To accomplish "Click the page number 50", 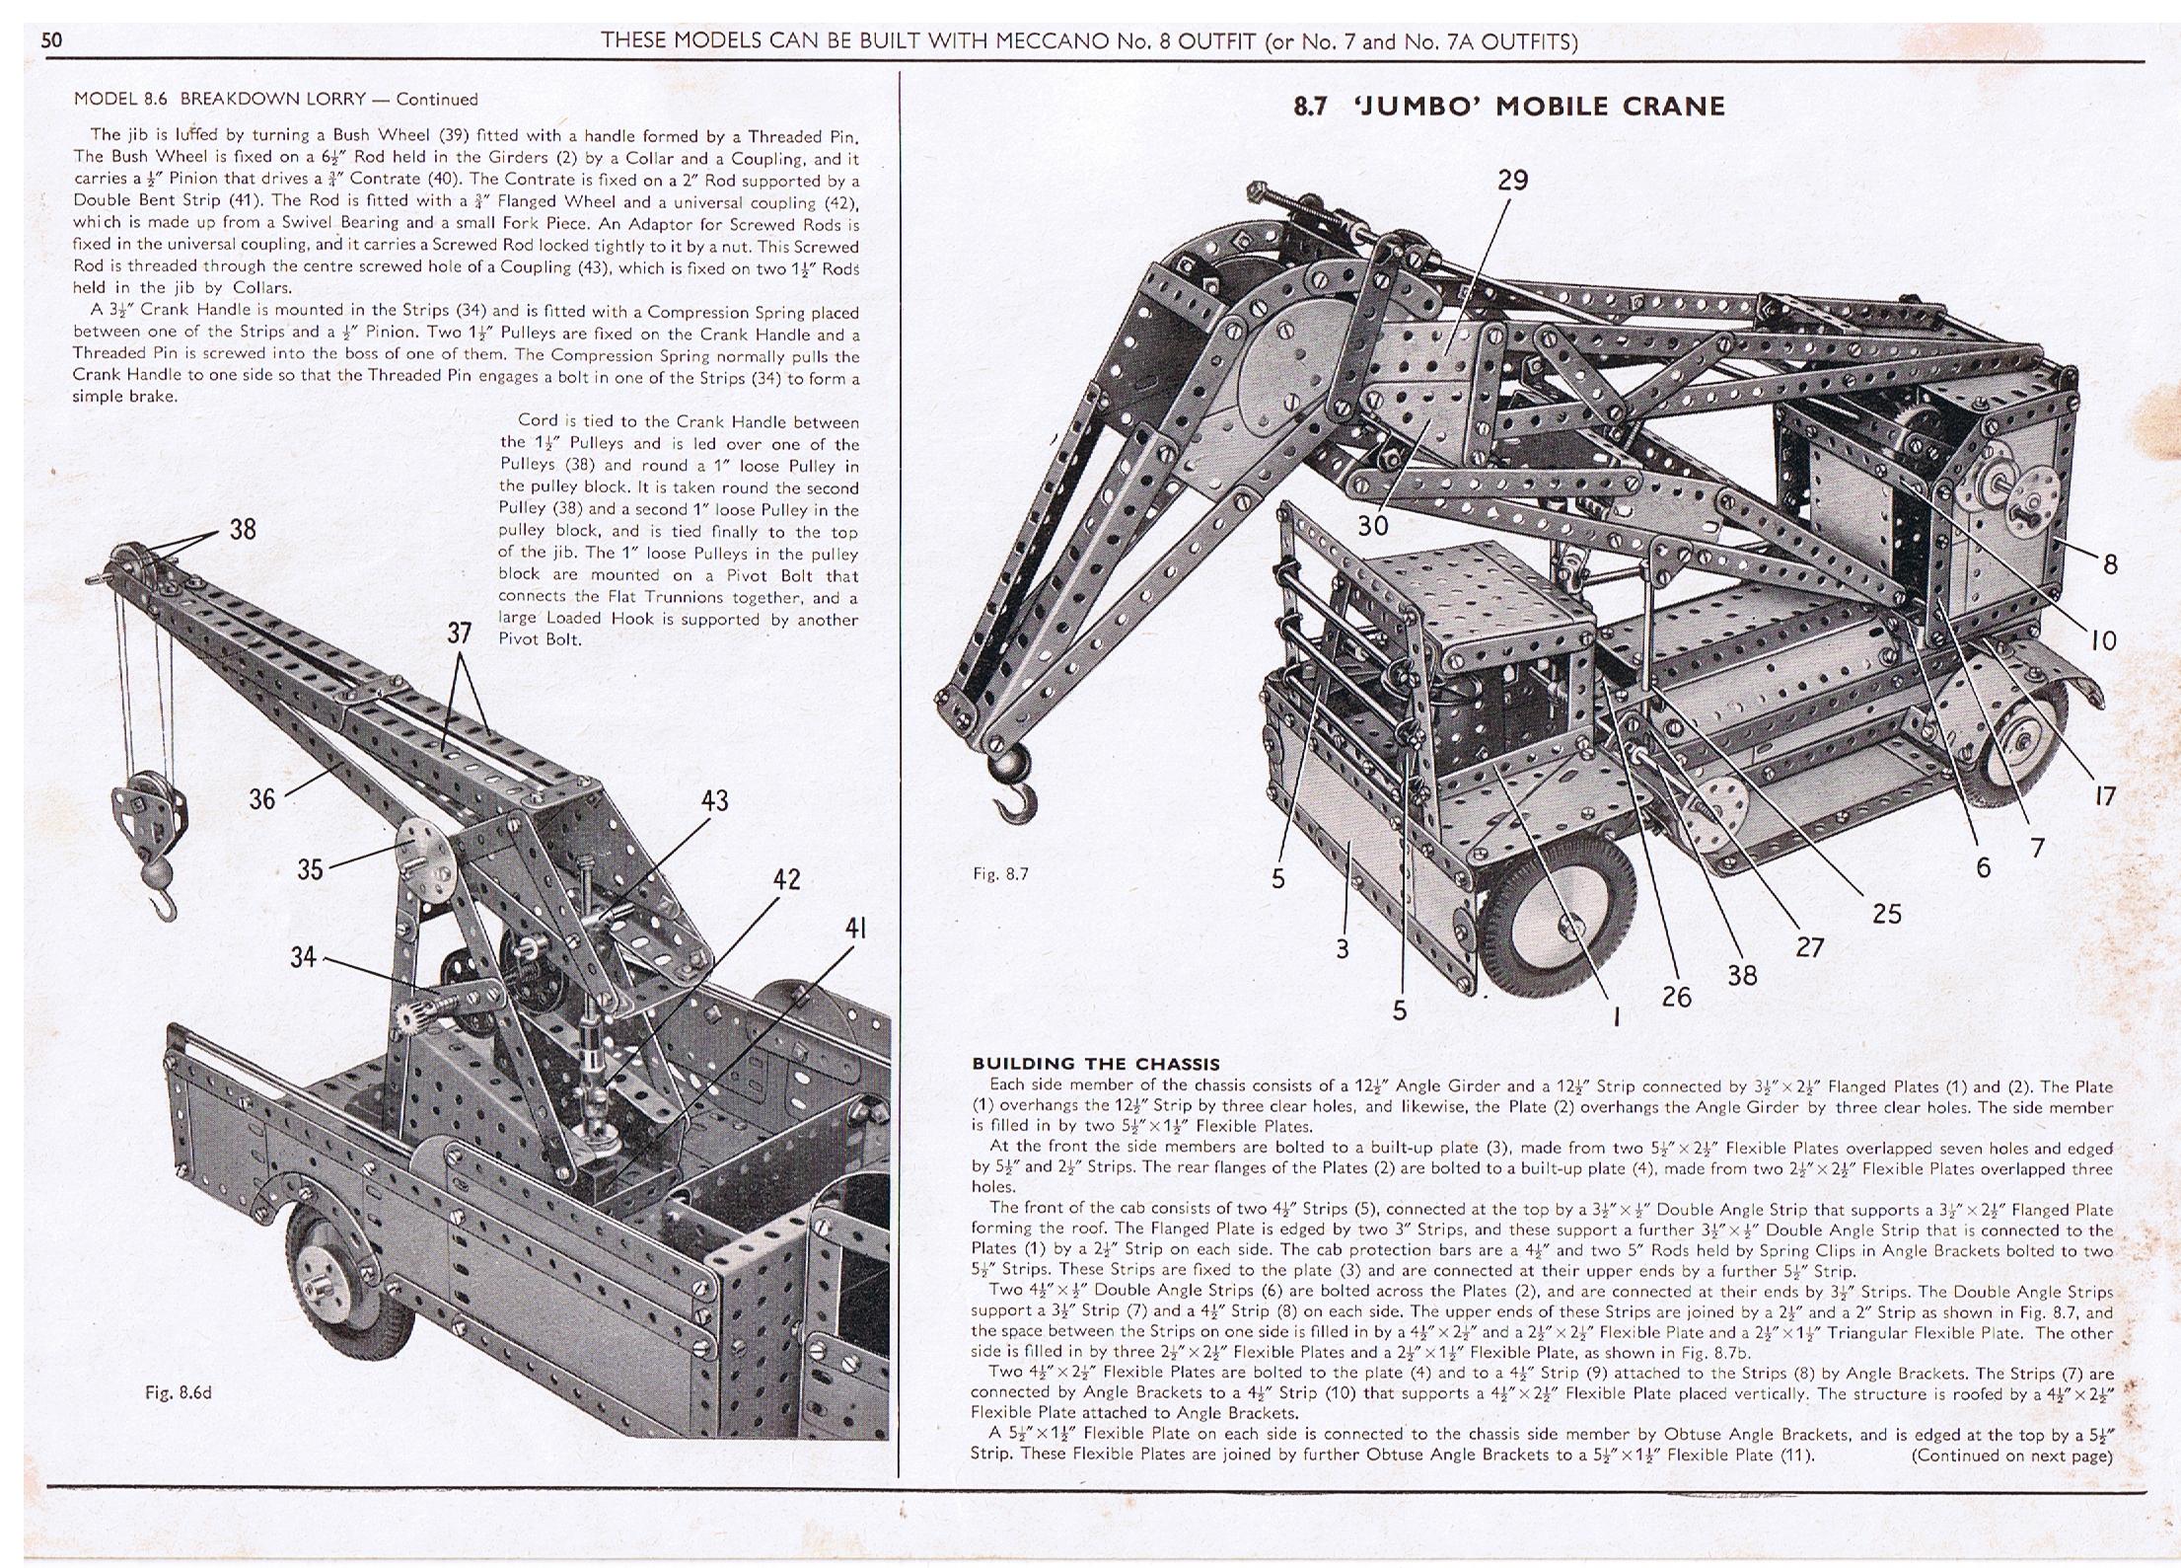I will [x=51, y=41].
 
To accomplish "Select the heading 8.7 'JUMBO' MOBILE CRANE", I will [x=1508, y=107].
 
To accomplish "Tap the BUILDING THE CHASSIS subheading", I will [x=1096, y=1064].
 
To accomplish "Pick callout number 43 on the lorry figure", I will [x=714, y=800].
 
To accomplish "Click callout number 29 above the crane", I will [x=1512, y=181].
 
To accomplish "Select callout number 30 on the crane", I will [x=1372, y=526].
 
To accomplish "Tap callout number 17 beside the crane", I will [x=2105, y=795].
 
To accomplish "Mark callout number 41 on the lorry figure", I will [x=856, y=929].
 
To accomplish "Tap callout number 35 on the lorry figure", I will [x=310, y=870].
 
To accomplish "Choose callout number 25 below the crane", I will [x=1886, y=914].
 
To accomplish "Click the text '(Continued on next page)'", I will [x=2011, y=1456].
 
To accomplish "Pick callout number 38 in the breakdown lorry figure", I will [x=243, y=530].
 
